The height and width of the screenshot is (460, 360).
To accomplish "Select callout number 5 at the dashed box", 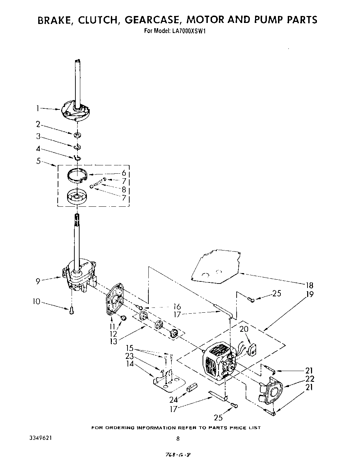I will pyautogui.click(x=39, y=161).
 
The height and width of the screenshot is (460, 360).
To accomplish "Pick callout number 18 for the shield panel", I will pyautogui.click(x=309, y=286).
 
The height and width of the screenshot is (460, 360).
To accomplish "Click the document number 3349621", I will pyautogui.click(x=41, y=438).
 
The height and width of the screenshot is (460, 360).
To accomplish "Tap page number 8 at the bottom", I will pyautogui.click(x=178, y=439).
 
